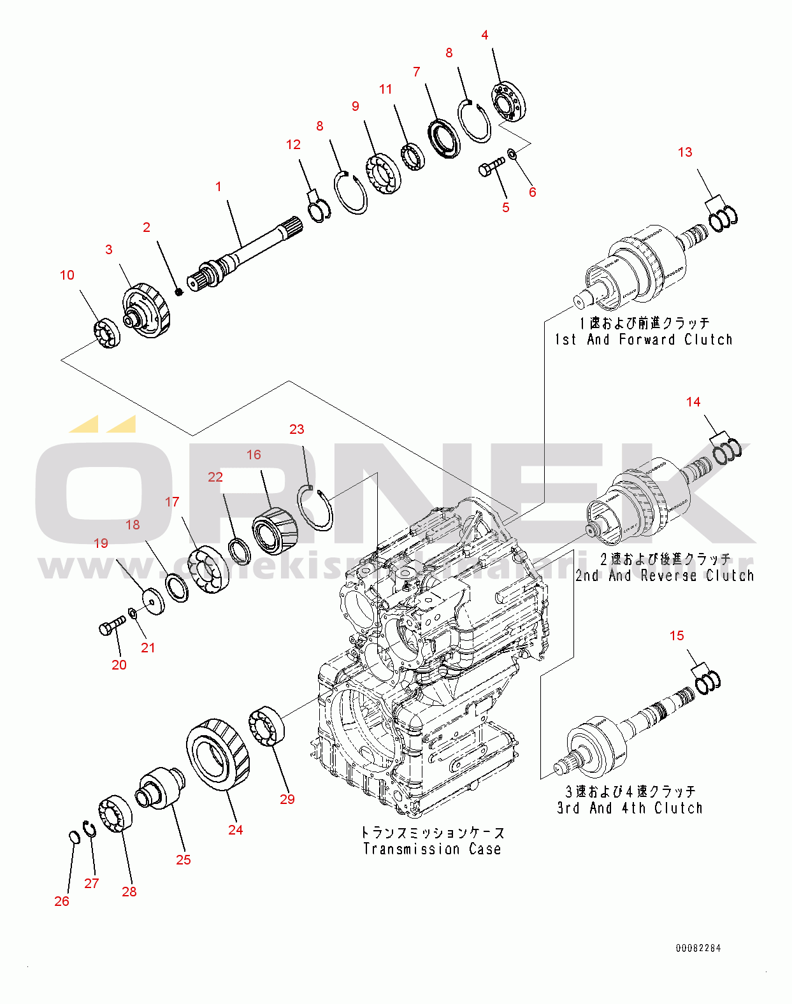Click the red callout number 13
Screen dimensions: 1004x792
pyautogui.click(x=685, y=152)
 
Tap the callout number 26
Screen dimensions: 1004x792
pyautogui.click(x=62, y=901)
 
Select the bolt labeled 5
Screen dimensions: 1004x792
pyautogui.click(x=490, y=168)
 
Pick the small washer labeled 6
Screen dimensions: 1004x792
pyautogui.click(x=512, y=154)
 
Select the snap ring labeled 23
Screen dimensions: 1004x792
pyautogui.click(x=316, y=507)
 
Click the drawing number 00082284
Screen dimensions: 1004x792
pyautogui.click(x=698, y=948)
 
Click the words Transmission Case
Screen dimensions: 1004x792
pyautogui.click(x=432, y=849)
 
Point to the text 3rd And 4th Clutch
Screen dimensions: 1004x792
pyautogui.click(x=630, y=808)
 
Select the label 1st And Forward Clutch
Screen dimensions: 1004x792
pyautogui.click(x=644, y=340)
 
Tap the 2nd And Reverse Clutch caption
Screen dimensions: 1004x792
pyautogui.click(x=665, y=575)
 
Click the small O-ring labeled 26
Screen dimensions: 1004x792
pyautogui.click(x=73, y=836)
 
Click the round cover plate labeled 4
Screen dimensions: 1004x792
pyautogui.click(x=509, y=102)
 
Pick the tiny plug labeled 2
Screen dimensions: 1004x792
pyautogui.click(x=179, y=292)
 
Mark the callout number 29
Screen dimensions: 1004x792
pyautogui.click(x=287, y=799)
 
